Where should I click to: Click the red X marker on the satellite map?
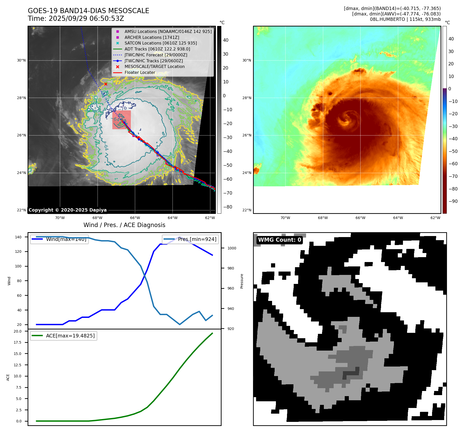pos(106,84)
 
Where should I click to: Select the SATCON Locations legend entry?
pos(161,43)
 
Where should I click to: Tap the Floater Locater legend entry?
pos(140,73)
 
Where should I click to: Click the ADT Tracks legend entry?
pos(157,49)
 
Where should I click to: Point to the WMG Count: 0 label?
pos(280,240)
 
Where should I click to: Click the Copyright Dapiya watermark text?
pos(68,210)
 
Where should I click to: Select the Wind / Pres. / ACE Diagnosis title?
pos(124,225)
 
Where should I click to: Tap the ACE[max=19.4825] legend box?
pos(64,336)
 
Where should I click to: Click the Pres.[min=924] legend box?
pos(190,239)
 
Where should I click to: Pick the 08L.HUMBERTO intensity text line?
pos(405,19)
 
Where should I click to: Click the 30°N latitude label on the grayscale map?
pos(21,60)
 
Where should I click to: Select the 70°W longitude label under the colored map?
pos(285,218)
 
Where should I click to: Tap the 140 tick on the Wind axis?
pos(18,237)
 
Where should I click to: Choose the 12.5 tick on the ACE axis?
pos(18,365)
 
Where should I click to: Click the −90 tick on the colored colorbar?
pos(453,201)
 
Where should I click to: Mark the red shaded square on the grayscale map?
pos(122,120)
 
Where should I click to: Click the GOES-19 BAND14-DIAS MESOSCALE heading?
pos(88,11)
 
